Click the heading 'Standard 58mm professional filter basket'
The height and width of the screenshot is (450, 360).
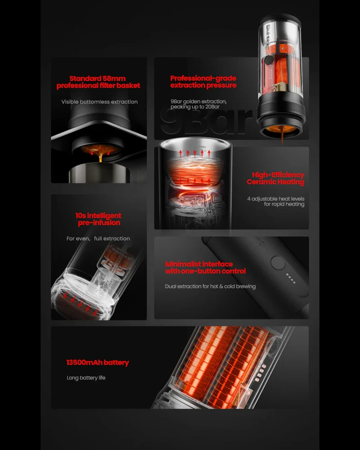(x=98, y=82)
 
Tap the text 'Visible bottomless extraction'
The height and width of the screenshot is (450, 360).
(x=99, y=102)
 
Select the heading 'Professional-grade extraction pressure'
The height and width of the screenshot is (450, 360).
(x=203, y=82)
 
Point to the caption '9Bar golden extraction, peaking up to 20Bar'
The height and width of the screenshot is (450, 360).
(x=198, y=104)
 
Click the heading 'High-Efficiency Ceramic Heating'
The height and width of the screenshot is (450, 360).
(x=275, y=178)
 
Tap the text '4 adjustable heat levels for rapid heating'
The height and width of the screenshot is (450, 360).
(x=275, y=202)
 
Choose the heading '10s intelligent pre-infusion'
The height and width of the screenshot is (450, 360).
(x=99, y=219)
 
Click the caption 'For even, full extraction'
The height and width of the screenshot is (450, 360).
(x=98, y=238)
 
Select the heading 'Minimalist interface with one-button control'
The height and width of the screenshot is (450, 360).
(x=205, y=267)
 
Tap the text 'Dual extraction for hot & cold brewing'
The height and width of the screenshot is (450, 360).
(x=210, y=286)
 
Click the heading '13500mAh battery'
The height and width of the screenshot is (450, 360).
(x=98, y=362)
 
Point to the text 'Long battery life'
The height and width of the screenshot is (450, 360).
(x=86, y=378)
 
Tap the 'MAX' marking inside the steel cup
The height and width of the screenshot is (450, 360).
(x=202, y=147)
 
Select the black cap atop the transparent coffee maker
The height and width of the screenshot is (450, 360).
(x=280, y=18)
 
